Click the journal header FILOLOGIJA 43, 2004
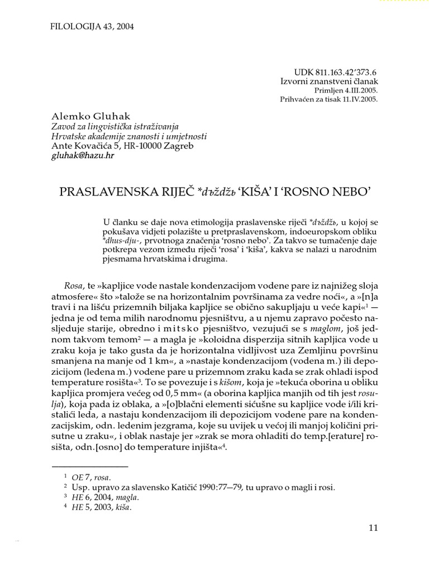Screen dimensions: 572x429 [88, 26]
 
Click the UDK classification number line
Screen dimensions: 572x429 [335, 72]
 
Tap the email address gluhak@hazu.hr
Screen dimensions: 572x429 [83, 156]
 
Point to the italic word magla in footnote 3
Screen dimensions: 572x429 [127, 497]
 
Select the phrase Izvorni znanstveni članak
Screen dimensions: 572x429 [328, 82]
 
